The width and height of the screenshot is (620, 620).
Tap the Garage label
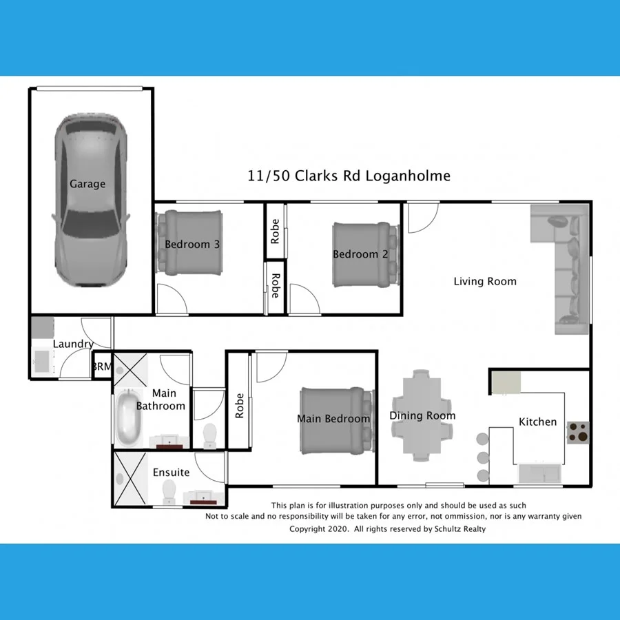(87, 184)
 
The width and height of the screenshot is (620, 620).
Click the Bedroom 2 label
(360, 254)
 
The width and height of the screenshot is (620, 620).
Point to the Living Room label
(484, 281)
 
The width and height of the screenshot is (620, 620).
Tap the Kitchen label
(537, 422)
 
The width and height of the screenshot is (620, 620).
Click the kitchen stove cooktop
(577, 432)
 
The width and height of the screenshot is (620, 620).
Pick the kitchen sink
(541, 474)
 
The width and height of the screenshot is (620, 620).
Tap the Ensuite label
(171, 473)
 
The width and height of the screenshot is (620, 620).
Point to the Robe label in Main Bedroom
(240, 406)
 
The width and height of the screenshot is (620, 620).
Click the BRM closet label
(101, 366)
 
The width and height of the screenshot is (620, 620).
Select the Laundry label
(73, 344)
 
